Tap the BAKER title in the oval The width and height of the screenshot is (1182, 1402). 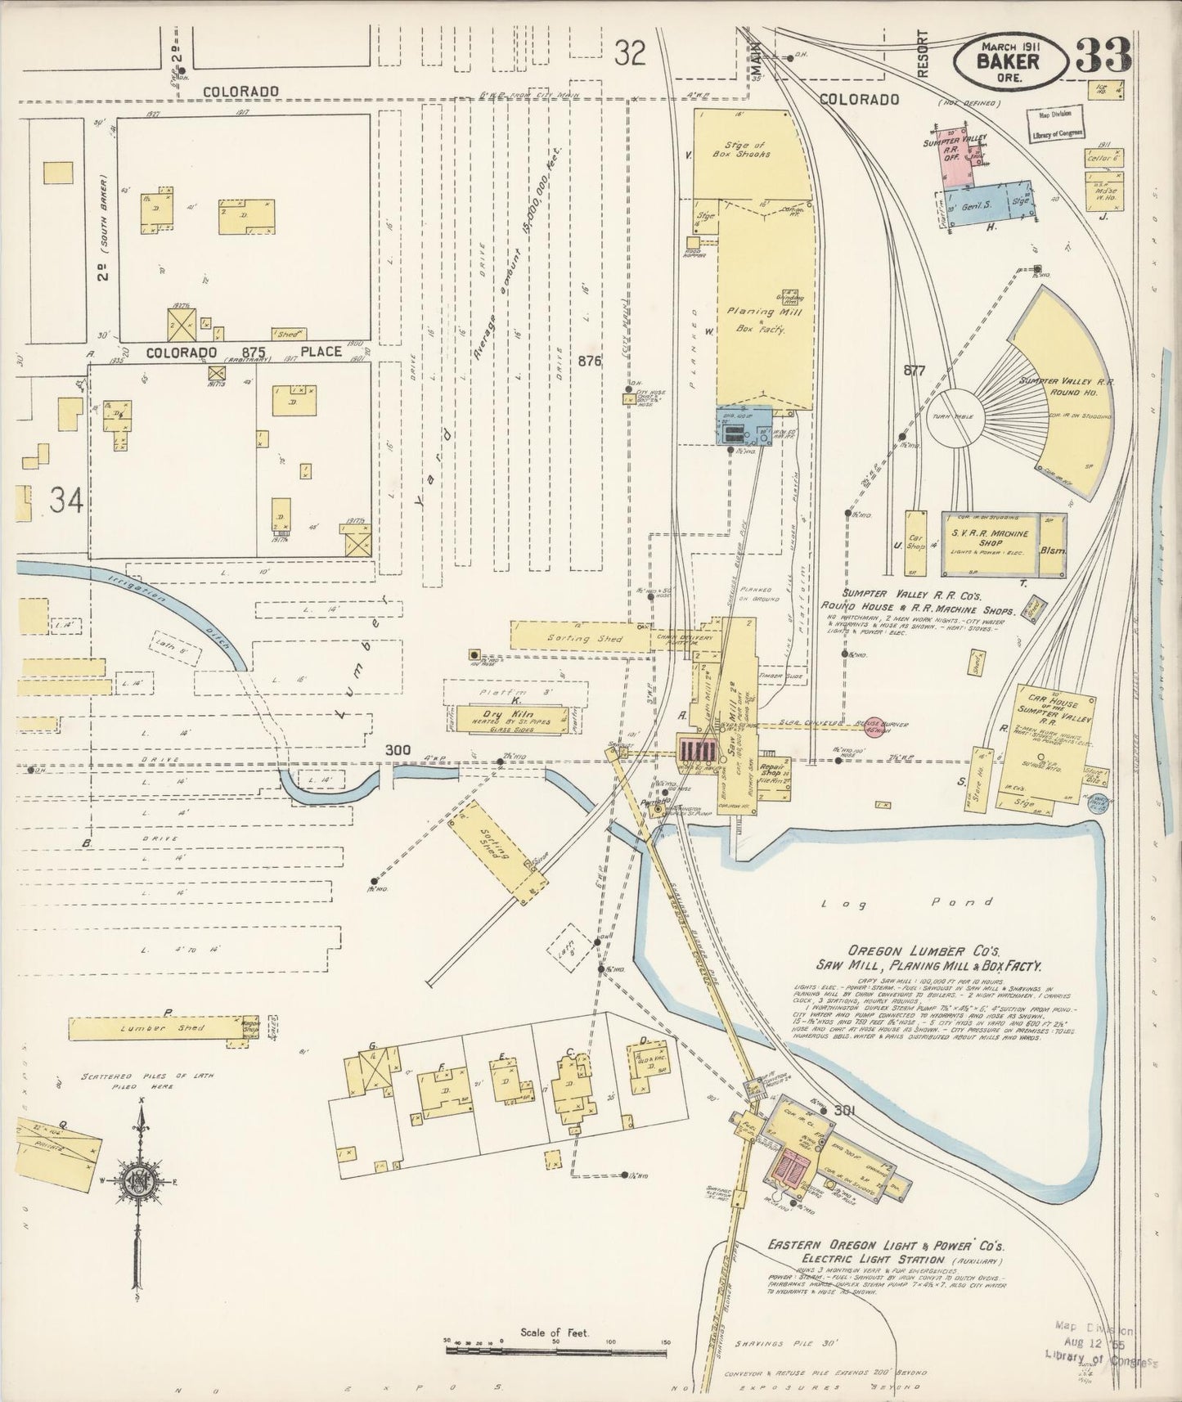(1011, 61)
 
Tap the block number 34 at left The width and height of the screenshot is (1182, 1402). (66, 500)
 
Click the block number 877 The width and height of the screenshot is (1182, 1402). (914, 371)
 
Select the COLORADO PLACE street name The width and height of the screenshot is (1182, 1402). (243, 352)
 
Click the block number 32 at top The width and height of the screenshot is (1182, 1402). (631, 54)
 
